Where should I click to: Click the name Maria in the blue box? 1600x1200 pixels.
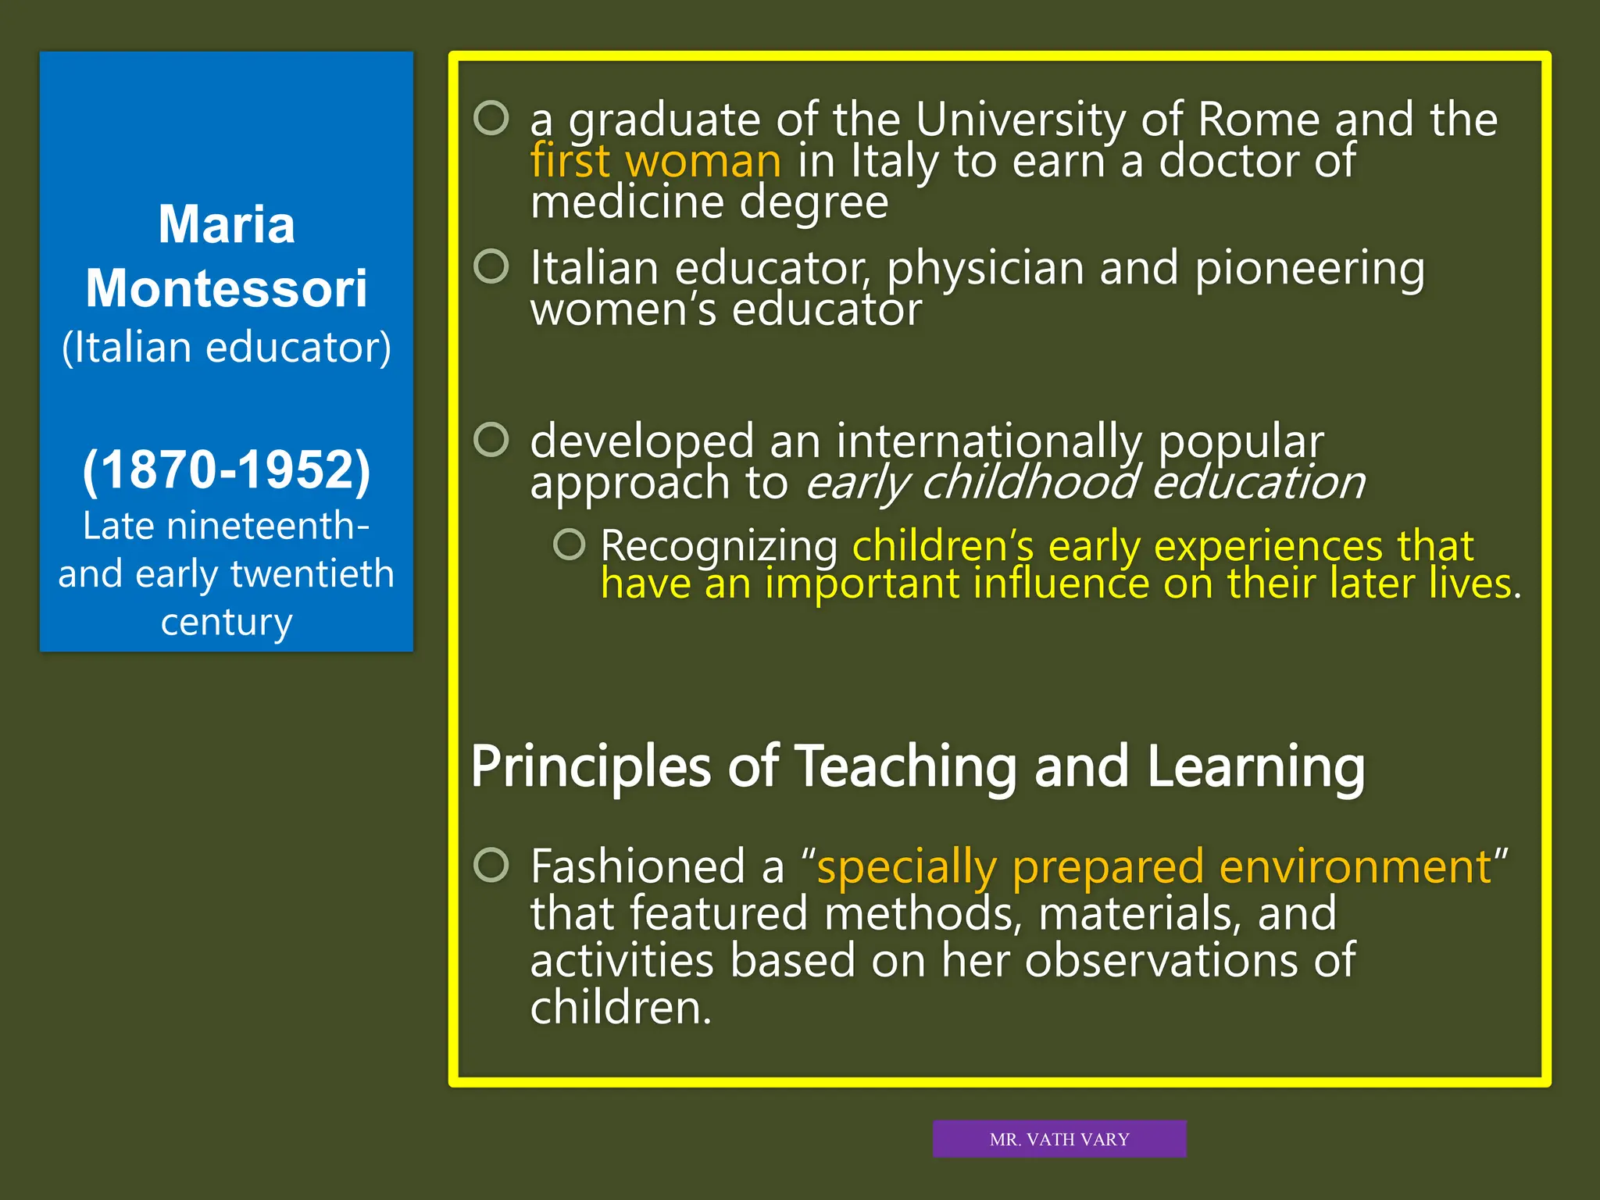tap(227, 225)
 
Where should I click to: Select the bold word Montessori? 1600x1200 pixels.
tap(227, 289)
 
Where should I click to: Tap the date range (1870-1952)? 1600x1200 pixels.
tap(227, 470)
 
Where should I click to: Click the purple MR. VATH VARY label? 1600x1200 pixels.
tap(1059, 1139)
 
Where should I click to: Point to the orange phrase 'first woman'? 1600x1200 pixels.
tap(655, 161)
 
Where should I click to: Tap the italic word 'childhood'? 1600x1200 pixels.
tap(1029, 483)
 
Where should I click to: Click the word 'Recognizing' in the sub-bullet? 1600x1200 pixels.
tap(719, 545)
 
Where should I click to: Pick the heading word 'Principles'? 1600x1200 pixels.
tap(591, 766)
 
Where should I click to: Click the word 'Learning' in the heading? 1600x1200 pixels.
tap(1255, 766)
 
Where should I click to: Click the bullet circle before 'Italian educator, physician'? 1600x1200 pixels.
tap(491, 266)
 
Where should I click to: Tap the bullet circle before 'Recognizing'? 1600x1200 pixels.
tap(569, 545)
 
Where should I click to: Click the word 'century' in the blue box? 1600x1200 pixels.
tap(227, 622)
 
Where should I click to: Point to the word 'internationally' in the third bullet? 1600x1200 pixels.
tap(988, 441)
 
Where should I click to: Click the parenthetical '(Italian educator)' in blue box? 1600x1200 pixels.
tap(227, 348)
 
